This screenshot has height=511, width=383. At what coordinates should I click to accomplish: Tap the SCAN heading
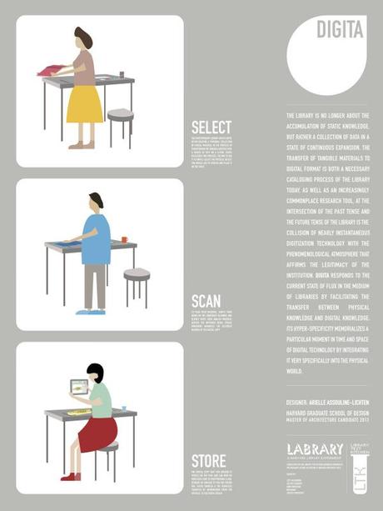[x=206, y=301]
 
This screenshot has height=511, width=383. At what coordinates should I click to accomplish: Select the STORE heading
[x=208, y=461]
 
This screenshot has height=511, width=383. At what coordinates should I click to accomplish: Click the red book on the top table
[x=54, y=72]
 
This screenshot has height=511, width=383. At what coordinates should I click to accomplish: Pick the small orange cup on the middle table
[x=124, y=239]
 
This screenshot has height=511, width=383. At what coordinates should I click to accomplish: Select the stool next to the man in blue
[x=137, y=274]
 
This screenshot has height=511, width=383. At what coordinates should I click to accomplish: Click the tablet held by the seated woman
[x=80, y=388]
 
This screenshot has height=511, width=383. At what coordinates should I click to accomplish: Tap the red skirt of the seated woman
[x=97, y=433]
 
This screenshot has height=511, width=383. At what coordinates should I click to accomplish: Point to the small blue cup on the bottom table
[x=123, y=408]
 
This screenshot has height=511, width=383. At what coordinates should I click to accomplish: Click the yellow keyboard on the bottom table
[x=79, y=411]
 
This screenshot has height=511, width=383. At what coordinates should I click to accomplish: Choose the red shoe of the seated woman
[x=71, y=476]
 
